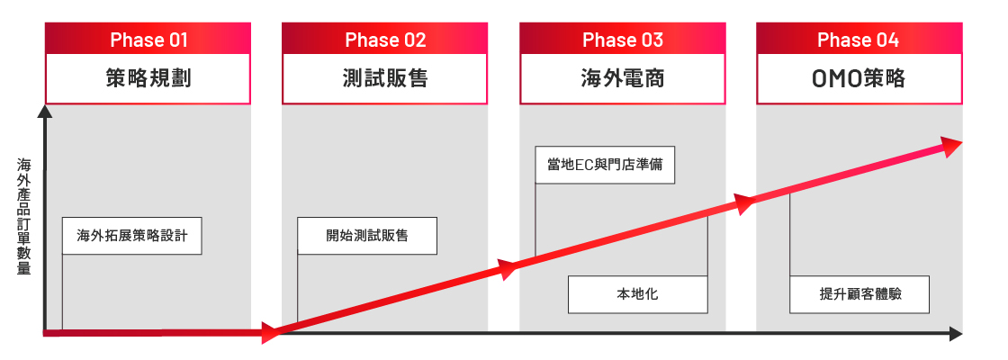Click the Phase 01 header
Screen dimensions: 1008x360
(148, 40)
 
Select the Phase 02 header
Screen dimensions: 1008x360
(384, 40)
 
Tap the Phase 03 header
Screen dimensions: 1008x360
(622, 40)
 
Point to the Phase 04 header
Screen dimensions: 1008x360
(859, 40)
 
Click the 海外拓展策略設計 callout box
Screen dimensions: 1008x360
(131, 236)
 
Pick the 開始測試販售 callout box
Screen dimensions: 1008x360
(367, 236)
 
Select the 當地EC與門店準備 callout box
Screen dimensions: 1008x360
(605, 165)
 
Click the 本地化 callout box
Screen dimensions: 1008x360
(638, 294)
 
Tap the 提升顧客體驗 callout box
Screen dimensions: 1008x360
(859, 294)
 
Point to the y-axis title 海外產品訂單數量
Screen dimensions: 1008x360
(23, 217)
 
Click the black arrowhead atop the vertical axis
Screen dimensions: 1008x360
(45, 112)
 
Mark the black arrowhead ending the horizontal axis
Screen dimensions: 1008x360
(956, 334)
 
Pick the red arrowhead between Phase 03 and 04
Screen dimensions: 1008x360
(745, 203)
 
